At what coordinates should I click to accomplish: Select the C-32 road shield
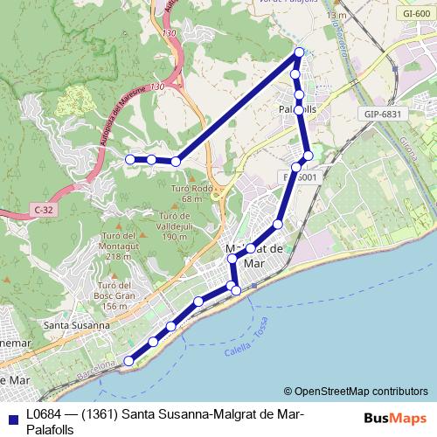pyautogui.click(x=44, y=210)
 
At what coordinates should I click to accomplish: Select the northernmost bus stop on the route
pyautogui.click(x=299, y=52)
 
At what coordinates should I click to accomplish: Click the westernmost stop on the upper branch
pyautogui.click(x=130, y=159)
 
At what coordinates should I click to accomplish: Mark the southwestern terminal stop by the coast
pyautogui.click(x=129, y=360)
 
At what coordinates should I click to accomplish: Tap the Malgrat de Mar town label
pyautogui.click(x=253, y=255)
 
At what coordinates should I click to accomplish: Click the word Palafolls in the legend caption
pyautogui.click(x=51, y=429)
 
